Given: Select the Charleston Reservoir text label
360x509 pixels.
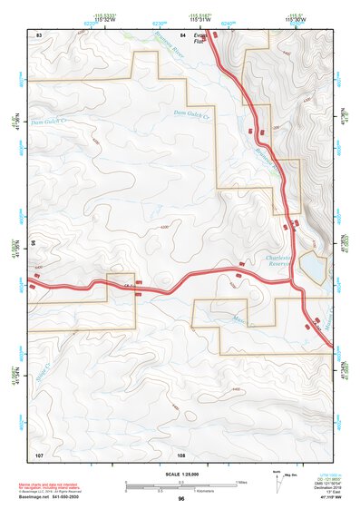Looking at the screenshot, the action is coord(280,262).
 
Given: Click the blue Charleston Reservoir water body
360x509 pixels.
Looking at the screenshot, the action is coord(309,267).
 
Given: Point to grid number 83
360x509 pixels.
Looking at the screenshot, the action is coord(39,34).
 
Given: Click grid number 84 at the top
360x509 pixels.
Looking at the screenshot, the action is coord(182,34).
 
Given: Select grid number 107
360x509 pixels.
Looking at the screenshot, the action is coord(39,453).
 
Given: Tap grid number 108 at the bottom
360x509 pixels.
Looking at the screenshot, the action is coord(181,453).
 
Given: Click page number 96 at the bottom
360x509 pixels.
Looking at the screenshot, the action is coord(181,499).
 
